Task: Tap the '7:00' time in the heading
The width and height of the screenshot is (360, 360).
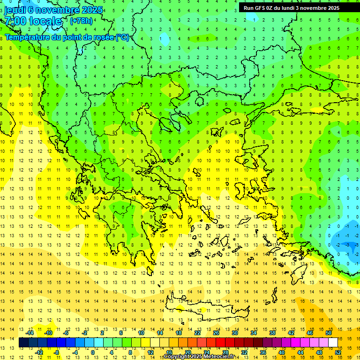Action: coord(14,21)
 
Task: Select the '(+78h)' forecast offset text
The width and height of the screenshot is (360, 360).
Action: coord(81,21)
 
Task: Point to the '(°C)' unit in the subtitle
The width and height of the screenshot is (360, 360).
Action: coord(122,37)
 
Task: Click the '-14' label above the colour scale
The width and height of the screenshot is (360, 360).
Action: coord(30,333)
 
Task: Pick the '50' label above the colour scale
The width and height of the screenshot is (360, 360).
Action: coord(328,333)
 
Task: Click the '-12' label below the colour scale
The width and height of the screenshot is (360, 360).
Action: coord(39,352)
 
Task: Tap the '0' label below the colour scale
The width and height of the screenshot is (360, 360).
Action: coord(93,352)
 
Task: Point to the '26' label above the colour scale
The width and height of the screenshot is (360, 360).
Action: coord(216,333)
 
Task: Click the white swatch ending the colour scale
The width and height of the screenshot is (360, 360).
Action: coord(333,343)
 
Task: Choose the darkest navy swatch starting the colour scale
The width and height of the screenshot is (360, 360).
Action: coord(23,343)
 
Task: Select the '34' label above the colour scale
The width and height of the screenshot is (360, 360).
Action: coord(253,333)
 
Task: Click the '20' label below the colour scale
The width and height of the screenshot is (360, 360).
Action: coord(187,352)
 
